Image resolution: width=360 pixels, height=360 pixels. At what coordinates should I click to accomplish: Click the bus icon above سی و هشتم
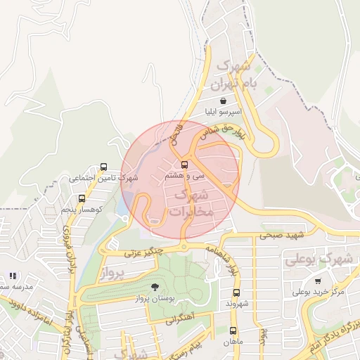tap(184, 165)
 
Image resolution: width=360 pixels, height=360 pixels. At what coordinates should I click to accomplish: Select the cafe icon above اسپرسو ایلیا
tap(223, 101)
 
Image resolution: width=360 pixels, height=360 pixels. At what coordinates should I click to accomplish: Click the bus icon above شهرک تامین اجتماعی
tap(104, 167)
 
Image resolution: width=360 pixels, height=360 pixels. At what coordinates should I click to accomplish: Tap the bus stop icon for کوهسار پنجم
tap(82, 198)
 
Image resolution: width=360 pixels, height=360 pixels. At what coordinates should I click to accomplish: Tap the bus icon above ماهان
tap(233, 330)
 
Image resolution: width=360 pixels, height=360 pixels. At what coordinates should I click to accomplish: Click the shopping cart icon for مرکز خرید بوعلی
tap(318, 281)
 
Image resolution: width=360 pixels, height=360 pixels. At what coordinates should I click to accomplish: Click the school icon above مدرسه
tap(11, 276)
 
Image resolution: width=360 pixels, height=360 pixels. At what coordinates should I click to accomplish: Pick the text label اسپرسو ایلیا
tap(223, 112)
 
